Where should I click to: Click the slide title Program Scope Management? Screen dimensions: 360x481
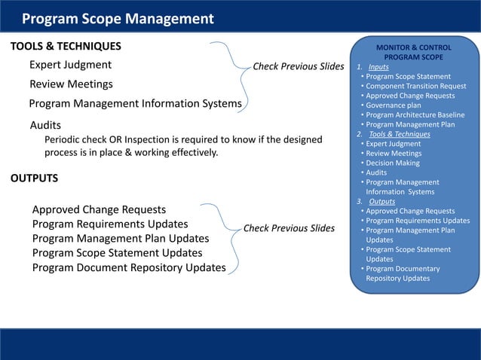[x=117, y=19]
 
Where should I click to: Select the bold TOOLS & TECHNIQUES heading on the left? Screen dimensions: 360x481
[x=65, y=47]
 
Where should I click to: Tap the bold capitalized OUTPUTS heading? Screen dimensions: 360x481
[x=35, y=178]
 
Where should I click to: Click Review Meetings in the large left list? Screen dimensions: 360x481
[x=71, y=84]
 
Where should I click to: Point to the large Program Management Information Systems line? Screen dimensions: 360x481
[x=136, y=103]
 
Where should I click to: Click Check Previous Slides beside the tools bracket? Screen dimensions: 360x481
[x=298, y=66]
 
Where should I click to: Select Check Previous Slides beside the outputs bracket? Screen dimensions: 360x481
[x=289, y=228]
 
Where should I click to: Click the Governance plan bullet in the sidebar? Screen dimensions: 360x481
[x=393, y=105]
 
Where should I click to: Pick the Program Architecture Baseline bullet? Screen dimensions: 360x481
[x=415, y=115]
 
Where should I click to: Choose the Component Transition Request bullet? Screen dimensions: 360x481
[x=415, y=86]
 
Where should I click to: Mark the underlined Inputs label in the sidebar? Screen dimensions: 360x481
[x=378, y=67]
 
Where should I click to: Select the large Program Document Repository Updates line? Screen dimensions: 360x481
[x=129, y=267]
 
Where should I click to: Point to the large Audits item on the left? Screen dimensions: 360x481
[x=45, y=125]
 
